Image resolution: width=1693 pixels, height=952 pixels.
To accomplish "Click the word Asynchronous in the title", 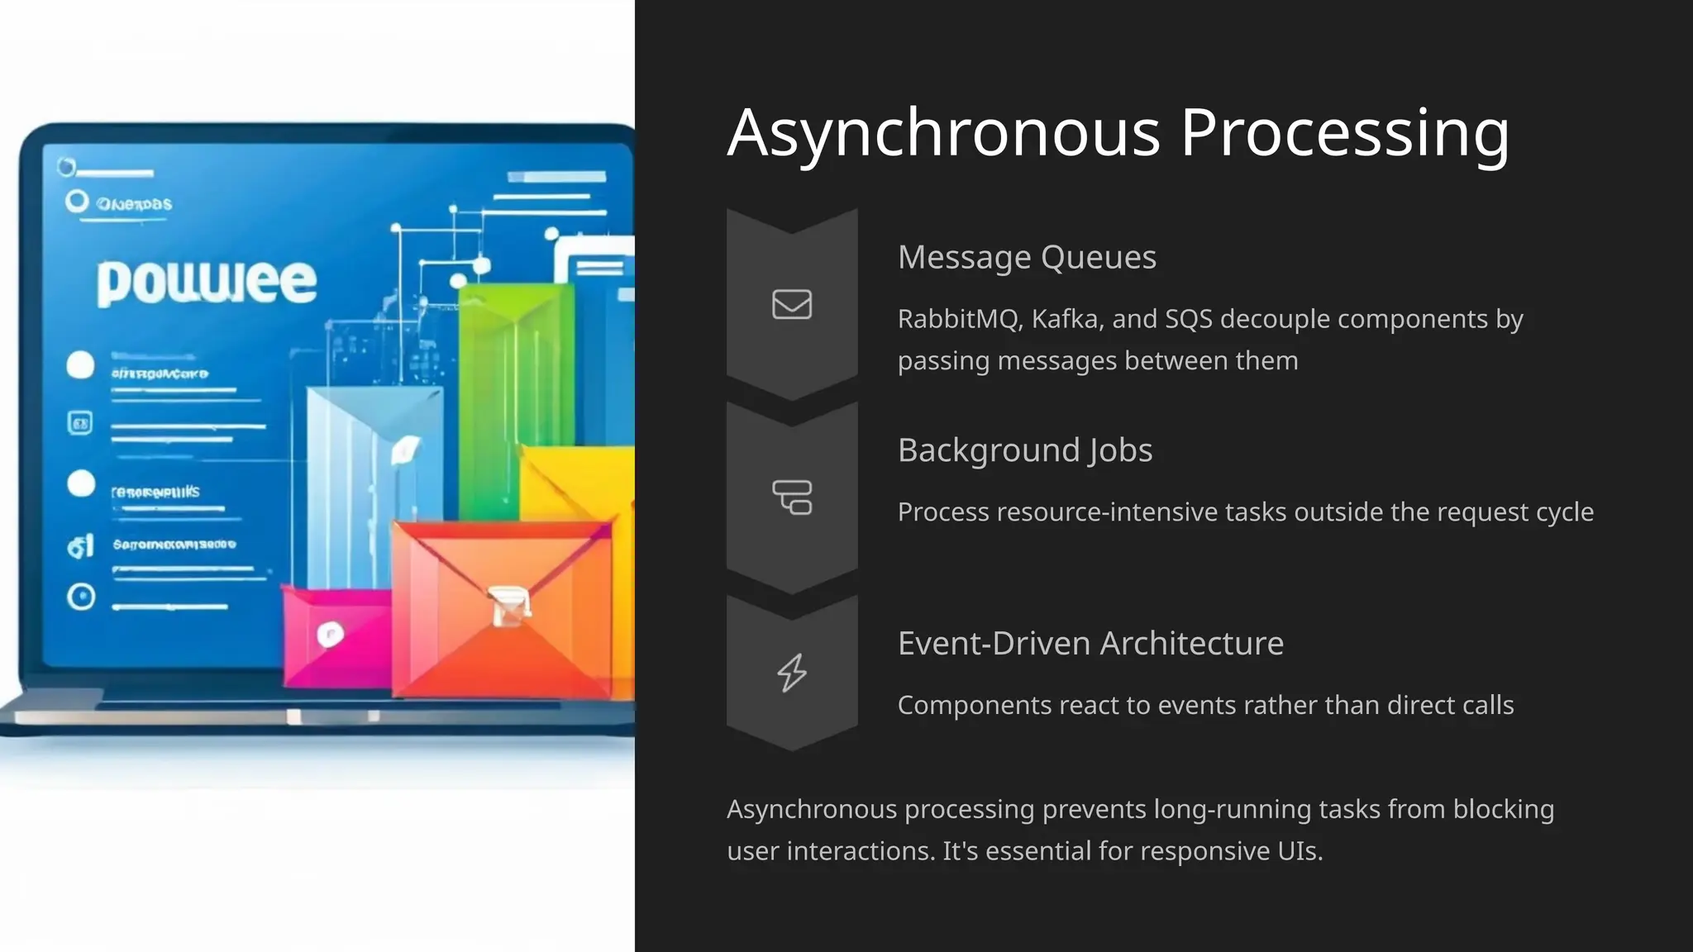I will click(943, 133).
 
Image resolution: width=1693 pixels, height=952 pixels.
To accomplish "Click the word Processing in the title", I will click(1344, 133).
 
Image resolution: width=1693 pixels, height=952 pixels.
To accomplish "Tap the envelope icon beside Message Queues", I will click(792, 304).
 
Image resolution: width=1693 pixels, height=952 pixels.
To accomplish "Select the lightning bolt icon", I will click(792, 673).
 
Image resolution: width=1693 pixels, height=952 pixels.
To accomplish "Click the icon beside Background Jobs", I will click(792, 497).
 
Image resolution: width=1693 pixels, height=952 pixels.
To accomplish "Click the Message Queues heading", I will click(1027, 257).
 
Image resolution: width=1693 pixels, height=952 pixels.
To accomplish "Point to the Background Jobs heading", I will click(1024, 450).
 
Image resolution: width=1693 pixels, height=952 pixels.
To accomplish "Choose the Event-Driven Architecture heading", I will click(1090, 643).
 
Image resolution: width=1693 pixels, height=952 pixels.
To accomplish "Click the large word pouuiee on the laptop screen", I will click(207, 282).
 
